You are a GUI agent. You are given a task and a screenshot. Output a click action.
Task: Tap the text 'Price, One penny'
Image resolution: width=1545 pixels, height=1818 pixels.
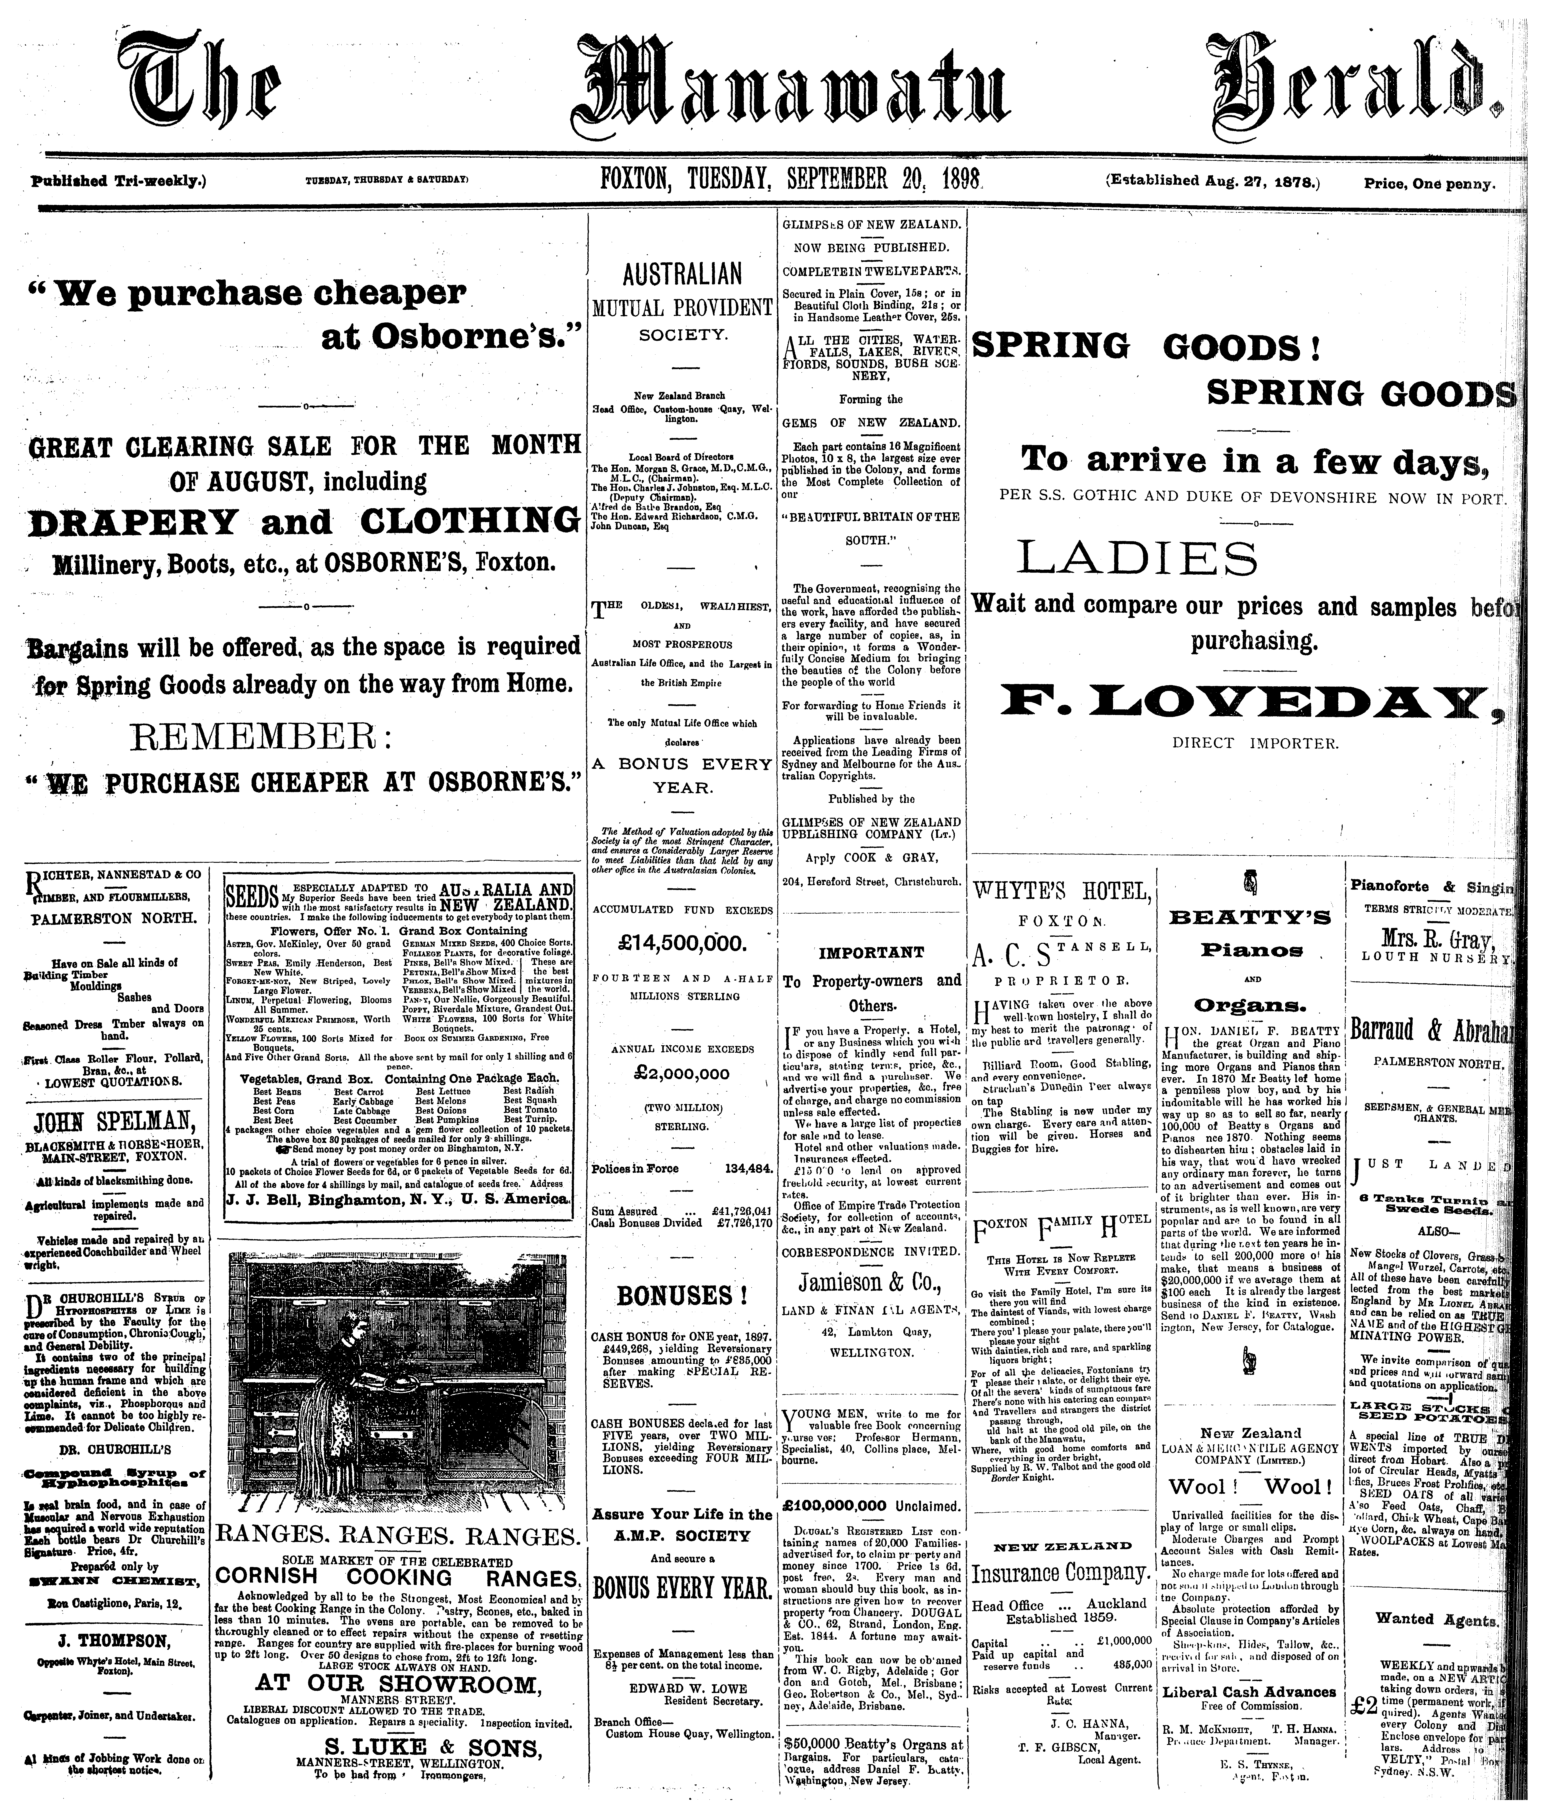[1429, 184]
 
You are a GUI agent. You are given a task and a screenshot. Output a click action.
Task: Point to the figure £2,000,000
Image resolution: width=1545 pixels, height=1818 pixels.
[682, 1074]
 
